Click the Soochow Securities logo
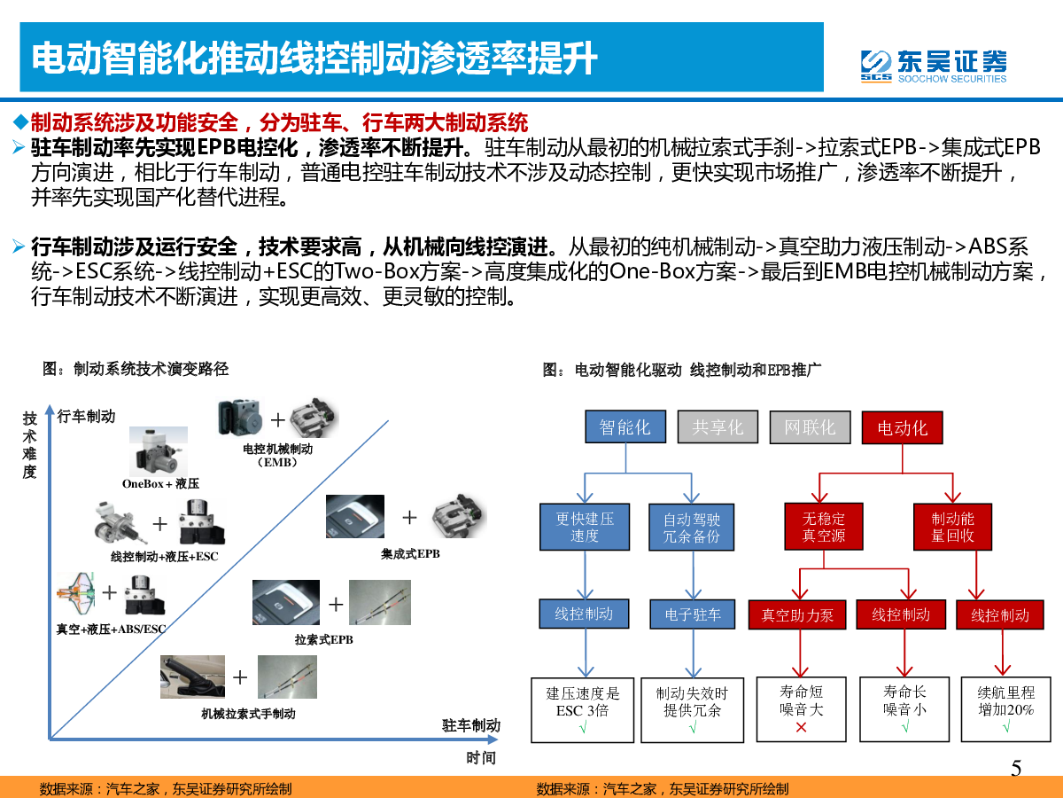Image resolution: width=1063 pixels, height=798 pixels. coord(933,66)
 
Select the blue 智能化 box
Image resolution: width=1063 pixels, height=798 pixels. coord(625,426)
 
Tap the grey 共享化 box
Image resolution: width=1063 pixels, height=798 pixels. coord(718,426)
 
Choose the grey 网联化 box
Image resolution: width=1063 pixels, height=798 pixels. coord(810,427)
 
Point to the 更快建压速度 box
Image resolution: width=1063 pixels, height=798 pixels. coord(585,527)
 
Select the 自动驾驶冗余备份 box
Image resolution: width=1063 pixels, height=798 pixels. coord(691,528)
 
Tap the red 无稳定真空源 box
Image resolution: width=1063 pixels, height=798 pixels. coord(823,526)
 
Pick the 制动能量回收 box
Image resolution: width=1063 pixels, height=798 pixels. coord(952,527)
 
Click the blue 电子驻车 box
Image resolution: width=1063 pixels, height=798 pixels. coord(693,614)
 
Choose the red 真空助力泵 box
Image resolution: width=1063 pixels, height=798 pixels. coord(797,614)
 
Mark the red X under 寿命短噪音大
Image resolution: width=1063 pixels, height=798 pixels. coord(801,727)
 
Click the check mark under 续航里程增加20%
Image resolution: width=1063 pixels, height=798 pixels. coord(1006,726)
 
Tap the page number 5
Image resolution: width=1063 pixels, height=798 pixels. coord(1016,769)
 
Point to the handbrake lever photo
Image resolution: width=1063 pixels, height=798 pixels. coord(192,677)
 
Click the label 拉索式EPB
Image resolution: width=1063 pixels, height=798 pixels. coord(324,639)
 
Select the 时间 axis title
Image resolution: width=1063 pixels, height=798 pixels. coord(481,758)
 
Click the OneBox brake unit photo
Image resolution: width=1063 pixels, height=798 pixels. coord(159,451)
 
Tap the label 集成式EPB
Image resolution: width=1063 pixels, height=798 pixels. coord(410,554)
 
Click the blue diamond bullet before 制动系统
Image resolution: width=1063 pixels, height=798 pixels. coord(21,121)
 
